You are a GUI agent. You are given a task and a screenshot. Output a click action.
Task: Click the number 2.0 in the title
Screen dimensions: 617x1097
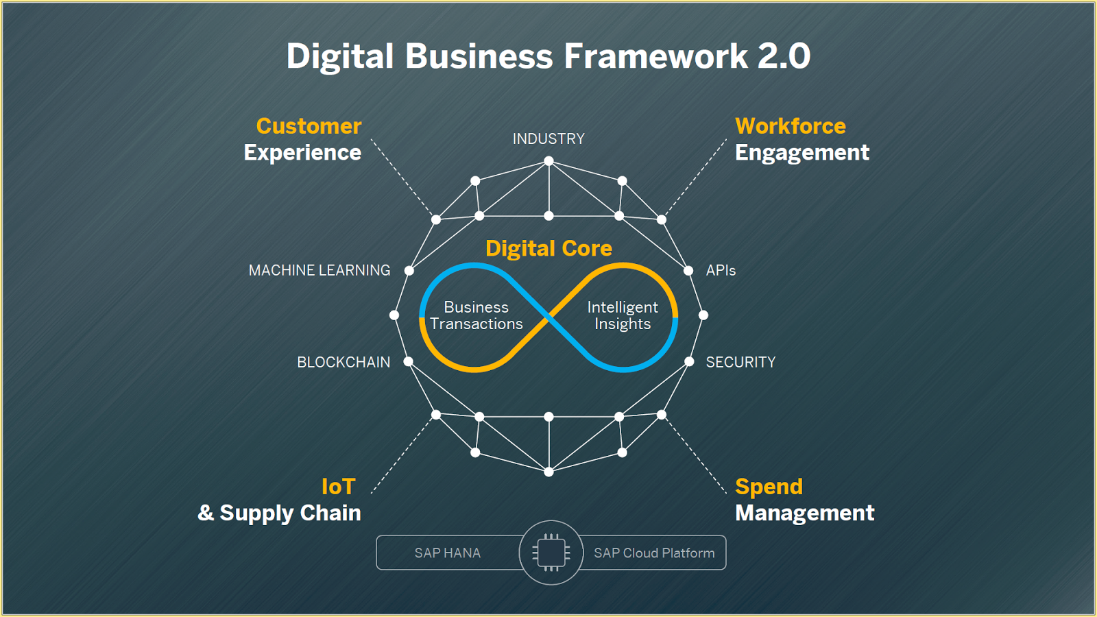pos(784,56)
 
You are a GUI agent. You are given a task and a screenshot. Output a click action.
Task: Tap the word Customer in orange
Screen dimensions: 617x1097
pos(309,126)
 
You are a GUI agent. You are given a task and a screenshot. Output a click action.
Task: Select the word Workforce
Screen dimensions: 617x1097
pos(790,126)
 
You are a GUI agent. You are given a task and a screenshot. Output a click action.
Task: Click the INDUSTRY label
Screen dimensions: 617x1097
pos(548,139)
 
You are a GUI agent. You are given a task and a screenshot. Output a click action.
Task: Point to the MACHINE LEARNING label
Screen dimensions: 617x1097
pos(320,271)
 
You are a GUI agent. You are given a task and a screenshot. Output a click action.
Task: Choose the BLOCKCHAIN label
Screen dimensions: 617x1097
pos(343,363)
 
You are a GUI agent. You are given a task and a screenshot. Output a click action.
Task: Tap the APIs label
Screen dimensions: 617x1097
pos(721,271)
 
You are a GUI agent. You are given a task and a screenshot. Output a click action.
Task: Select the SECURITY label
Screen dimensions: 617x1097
pos(740,363)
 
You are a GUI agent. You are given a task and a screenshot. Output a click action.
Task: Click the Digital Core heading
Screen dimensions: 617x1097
pos(548,248)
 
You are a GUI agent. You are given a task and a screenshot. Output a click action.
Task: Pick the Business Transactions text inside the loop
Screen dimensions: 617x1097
pos(477,316)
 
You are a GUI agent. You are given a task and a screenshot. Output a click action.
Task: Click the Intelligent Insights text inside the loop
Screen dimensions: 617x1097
pos(623,316)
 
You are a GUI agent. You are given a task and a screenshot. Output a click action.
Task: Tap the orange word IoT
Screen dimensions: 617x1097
pos(338,487)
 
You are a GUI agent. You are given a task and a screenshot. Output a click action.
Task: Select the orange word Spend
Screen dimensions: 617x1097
pos(769,487)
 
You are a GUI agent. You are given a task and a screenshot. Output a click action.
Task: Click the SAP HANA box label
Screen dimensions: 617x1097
pos(447,553)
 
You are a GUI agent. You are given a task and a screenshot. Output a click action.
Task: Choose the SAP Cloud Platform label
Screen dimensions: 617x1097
pos(654,553)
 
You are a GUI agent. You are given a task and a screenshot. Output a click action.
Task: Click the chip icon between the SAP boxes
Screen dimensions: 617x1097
pos(551,553)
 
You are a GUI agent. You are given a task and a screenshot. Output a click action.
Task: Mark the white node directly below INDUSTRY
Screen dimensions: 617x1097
pos(548,161)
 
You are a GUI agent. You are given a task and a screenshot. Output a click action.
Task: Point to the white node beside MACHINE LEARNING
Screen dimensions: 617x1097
pos(409,271)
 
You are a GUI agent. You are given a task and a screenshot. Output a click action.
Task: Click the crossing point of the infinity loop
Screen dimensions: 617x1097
pos(548,317)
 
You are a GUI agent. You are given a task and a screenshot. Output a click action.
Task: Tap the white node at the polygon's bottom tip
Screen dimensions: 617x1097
pos(548,472)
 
